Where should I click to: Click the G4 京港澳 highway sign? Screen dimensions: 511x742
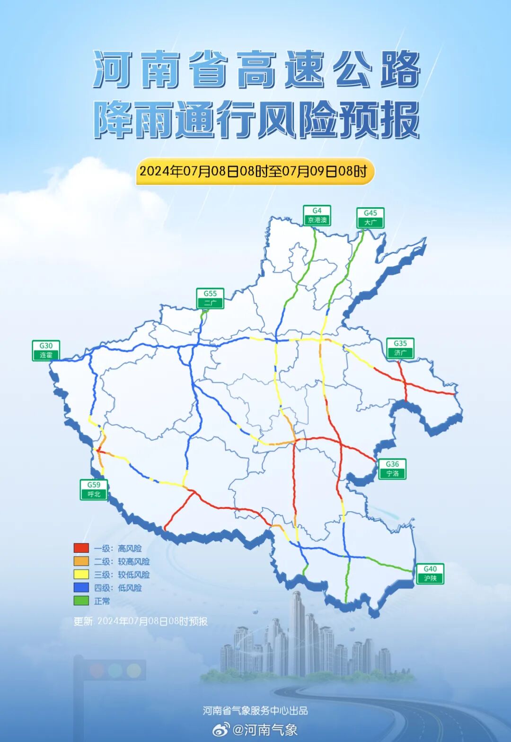click(x=317, y=216)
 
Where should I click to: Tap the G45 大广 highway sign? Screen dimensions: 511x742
click(x=370, y=218)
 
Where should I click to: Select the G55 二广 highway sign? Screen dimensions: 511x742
click(x=210, y=298)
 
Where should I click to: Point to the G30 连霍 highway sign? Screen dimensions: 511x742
click(x=46, y=351)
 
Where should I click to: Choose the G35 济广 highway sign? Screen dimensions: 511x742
click(x=400, y=348)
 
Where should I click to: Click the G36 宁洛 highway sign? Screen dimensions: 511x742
click(x=392, y=469)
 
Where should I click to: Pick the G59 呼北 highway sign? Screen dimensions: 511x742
click(x=94, y=489)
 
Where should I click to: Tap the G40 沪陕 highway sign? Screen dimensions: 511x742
click(x=430, y=574)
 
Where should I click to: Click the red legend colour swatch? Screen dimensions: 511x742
click(x=81, y=548)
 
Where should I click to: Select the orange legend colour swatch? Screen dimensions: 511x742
click(x=81, y=561)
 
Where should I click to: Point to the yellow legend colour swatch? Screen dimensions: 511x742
click(x=81, y=575)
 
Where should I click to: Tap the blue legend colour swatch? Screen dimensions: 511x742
click(x=81, y=588)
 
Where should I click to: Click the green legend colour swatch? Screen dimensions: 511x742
click(x=81, y=601)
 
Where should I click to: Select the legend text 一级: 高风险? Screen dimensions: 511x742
click(x=118, y=549)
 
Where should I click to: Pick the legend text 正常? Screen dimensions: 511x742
click(x=102, y=601)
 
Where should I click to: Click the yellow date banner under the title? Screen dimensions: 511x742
click(x=255, y=171)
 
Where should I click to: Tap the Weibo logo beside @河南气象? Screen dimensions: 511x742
click(x=220, y=730)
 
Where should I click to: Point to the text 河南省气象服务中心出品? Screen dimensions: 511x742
click(x=255, y=710)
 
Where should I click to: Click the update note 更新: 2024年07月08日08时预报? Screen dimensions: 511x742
click(x=141, y=621)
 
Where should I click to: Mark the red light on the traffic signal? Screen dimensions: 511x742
click(x=97, y=670)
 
